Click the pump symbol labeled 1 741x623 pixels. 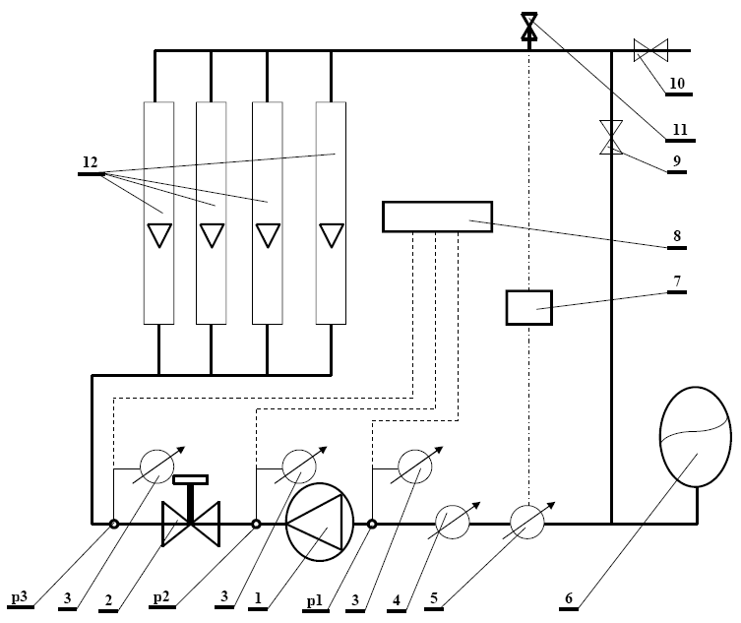click(x=320, y=523)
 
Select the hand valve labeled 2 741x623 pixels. click(x=191, y=523)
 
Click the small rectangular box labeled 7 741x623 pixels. click(x=529, y=307)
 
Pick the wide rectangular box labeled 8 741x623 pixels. click(x=437, y=217)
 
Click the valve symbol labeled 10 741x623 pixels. click(x=650, y=49)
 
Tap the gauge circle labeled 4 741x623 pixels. click(x=454, y=521)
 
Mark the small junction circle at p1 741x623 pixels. click(x=372, y=524)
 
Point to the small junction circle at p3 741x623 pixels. click(x=114, y=524)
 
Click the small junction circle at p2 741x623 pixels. click(x=256, y=524)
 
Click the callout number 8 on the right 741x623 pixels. click(x=678, y=235)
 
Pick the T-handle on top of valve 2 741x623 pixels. click(x=191, y=480)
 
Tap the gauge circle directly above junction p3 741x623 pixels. click(x=156, y=466)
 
